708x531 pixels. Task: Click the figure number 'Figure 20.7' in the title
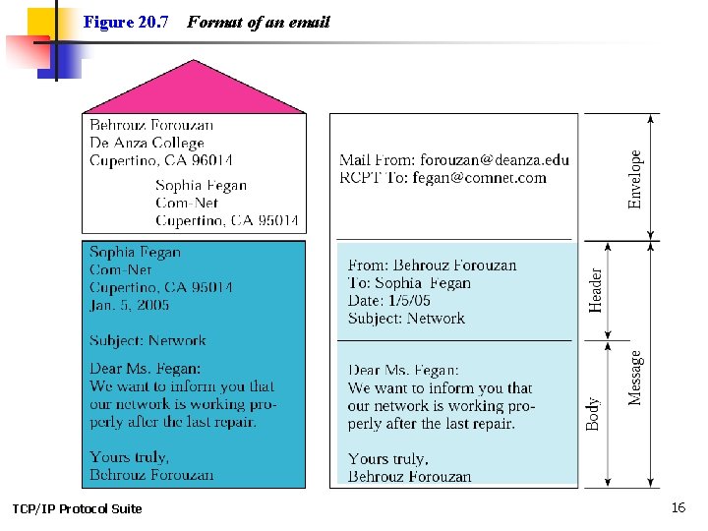126,22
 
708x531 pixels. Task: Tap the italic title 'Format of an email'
258,22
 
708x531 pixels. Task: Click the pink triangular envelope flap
195,89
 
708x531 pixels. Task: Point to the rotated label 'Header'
595,290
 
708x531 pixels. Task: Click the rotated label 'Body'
593,412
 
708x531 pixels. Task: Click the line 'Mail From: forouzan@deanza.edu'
453,160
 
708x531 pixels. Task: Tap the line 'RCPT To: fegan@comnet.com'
442,178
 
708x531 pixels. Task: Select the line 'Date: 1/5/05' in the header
389,300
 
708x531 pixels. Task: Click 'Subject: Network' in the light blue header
406,318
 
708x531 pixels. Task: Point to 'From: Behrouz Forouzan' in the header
432,265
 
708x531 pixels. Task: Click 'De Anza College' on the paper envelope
147,143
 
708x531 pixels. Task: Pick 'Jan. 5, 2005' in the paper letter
129,305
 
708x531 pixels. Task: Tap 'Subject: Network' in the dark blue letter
147,341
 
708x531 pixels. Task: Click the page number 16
678,507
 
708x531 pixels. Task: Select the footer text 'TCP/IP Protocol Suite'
77,508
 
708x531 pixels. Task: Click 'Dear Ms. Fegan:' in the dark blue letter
145,369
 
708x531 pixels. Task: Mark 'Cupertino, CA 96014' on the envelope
161,160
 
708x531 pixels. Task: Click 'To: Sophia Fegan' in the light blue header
409,282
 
